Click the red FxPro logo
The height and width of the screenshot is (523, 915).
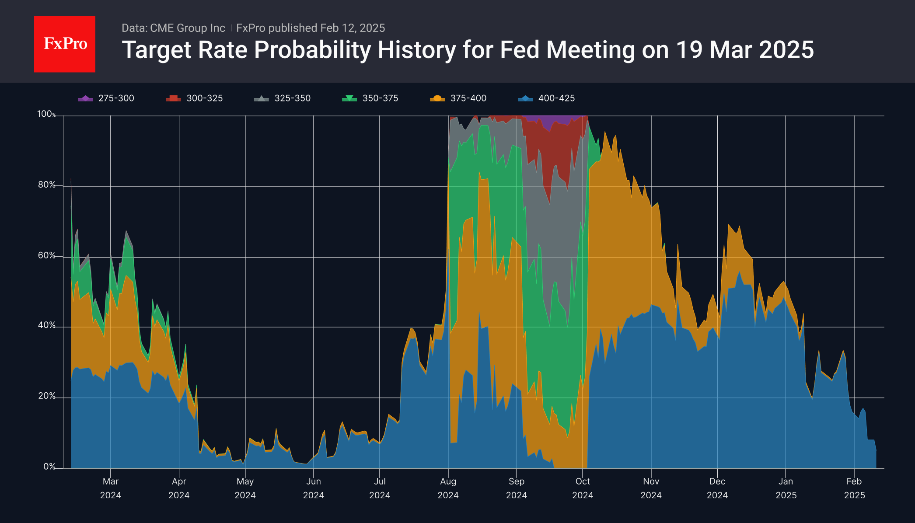(65, 44)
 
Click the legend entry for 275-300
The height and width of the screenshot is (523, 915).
(106, 98)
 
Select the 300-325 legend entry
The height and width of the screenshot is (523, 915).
(195, 98)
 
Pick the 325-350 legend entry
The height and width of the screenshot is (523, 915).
(283, 98)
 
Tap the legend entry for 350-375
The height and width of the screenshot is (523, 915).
(370, 98)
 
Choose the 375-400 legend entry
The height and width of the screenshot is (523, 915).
(458, 98)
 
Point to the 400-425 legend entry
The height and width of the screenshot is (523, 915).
(547, 98)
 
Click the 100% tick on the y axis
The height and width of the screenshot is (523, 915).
(45, 114)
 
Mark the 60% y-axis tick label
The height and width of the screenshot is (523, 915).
(46, 255)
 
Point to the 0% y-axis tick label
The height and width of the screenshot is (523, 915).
(49, 467)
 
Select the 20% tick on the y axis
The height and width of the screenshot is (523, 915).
(46, 396)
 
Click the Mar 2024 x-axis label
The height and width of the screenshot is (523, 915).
(111, 488)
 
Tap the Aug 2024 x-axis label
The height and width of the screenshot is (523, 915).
(448, 488)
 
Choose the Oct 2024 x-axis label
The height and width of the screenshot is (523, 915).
(583, 488)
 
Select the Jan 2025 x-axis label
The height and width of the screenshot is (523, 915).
(786, 488)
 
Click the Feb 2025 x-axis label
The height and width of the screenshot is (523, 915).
(854, 488)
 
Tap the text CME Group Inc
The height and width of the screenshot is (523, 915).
(188, 28)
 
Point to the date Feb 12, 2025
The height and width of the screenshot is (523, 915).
(353, 28)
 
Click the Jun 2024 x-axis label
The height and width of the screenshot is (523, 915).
(314, 488)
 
